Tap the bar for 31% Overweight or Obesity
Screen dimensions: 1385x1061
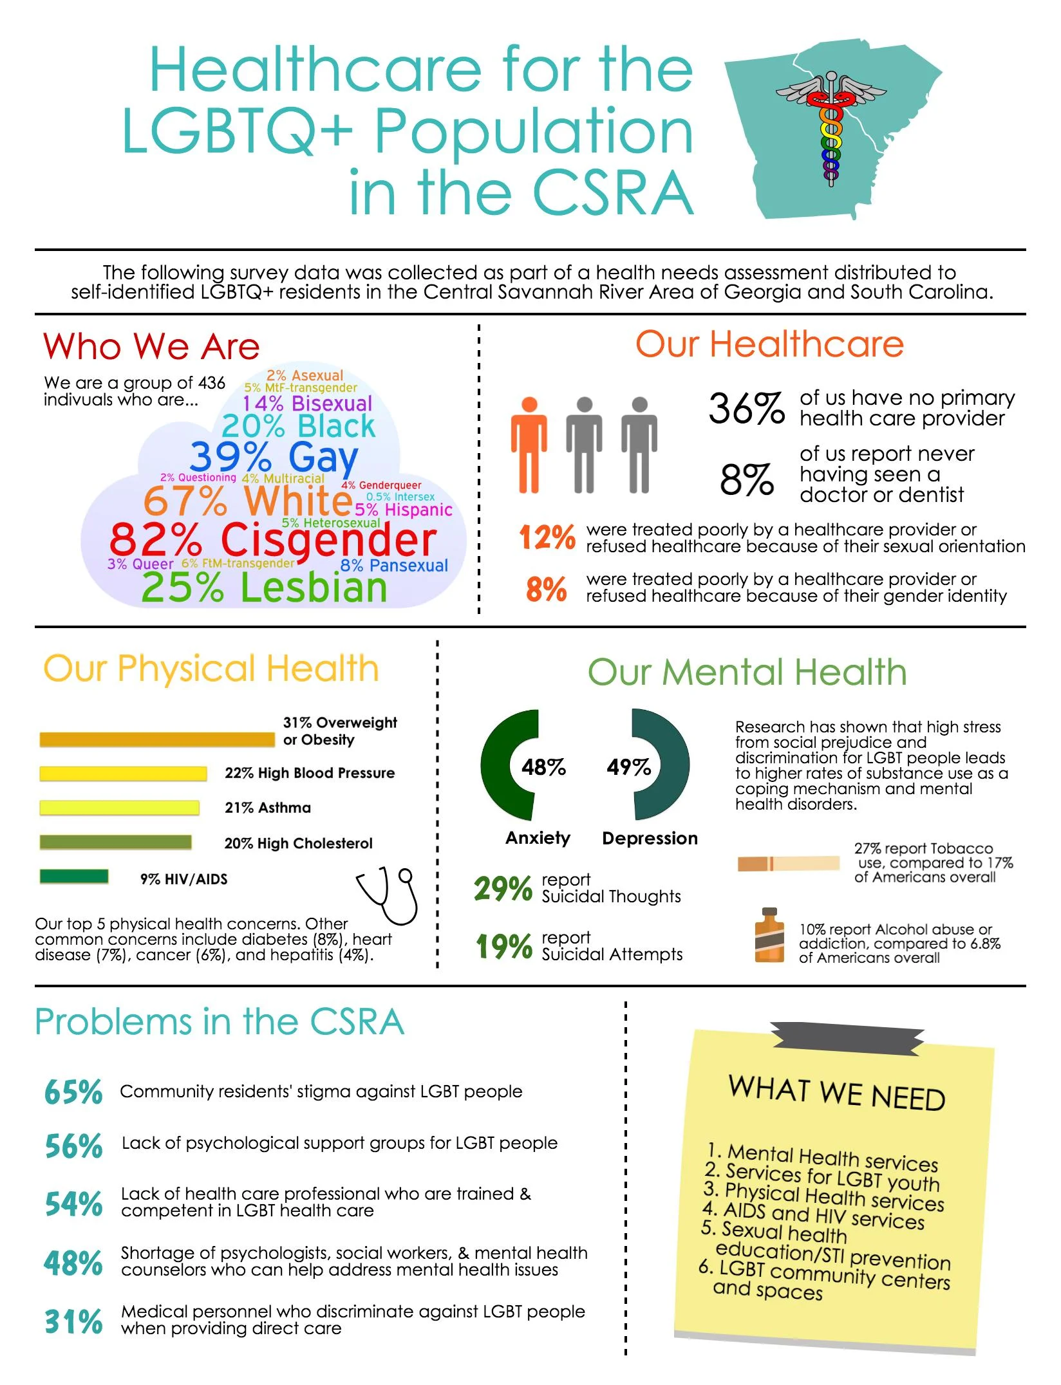(x=157, y=739)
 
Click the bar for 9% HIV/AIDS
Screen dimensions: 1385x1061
(x=74, y=876)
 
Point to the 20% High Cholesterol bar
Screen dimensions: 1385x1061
(x=116, y=842)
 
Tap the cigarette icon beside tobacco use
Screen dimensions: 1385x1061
(x=789, y=863)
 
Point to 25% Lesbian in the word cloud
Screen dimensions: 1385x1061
(x=264, y=587)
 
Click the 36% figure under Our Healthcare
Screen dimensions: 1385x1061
(x=747, y=408)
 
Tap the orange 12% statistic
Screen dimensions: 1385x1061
(x=547, y=537)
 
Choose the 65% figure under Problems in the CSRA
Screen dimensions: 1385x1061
(x=73, y=1092)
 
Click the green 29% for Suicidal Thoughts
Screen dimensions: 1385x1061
(x=503, y=889)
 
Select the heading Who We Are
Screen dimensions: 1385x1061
(x=152, y=346)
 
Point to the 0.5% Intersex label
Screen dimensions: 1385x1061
(x=400, y=497)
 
